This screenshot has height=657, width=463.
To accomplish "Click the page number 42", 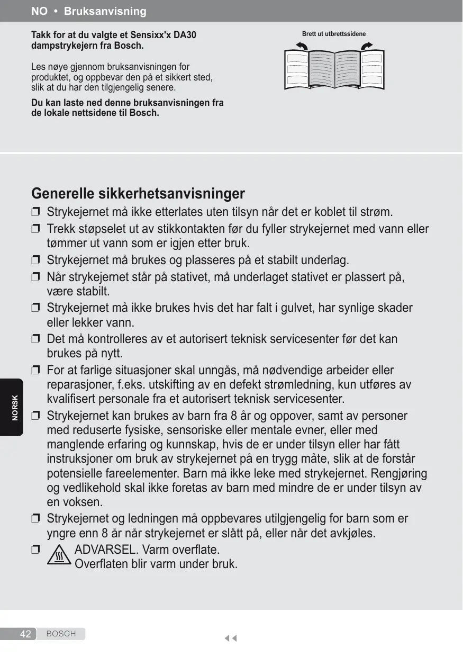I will (25, 634).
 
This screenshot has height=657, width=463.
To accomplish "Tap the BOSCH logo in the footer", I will (61, 634).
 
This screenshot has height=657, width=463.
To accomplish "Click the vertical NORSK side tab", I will (15, 408).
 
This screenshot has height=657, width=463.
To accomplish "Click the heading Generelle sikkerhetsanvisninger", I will (138, 193).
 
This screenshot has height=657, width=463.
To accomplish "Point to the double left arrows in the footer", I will (230, 638).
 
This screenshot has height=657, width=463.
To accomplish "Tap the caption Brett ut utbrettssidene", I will (333, 34).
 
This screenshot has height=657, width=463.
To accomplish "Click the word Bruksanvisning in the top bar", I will (105, 11).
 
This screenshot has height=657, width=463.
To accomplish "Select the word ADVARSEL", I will (103, 549).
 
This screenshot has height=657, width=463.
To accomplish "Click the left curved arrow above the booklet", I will (301, 47).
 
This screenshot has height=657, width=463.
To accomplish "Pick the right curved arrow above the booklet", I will (366, 47).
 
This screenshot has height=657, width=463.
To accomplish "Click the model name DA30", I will (186, 35).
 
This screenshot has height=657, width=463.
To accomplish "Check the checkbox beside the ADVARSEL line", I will (35, 550).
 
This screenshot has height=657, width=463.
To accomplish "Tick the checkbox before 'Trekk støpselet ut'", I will (35, 229).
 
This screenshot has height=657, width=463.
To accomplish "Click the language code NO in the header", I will (39, 11).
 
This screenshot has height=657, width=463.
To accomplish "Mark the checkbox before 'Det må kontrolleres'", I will (35, 339).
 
